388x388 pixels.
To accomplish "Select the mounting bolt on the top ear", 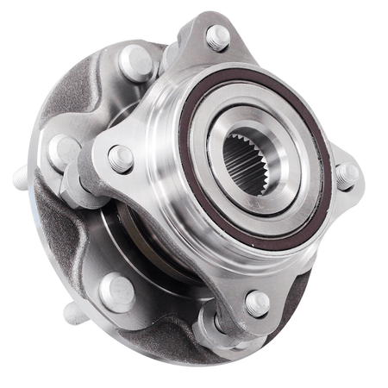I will [216, 37].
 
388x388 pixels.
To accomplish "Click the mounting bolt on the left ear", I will [120, 159].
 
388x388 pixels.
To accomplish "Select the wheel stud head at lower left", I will [116, 291].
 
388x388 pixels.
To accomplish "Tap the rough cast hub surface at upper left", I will [82, 95].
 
